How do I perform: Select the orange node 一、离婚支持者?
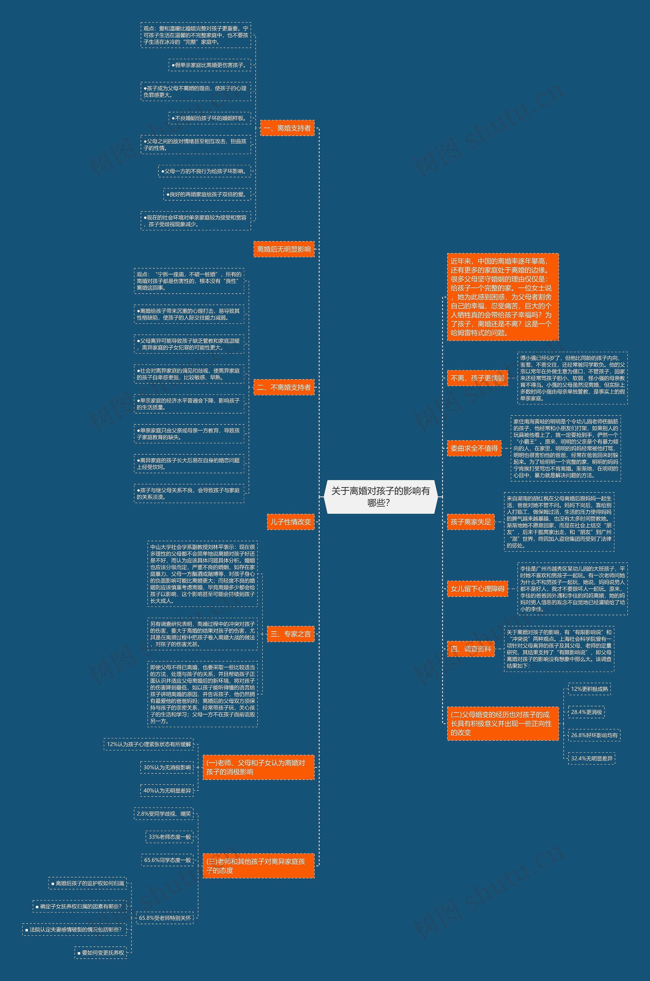(x=287, y=128)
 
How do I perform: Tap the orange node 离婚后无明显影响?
(x=284, y=249)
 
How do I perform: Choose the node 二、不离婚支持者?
(x=284, y=387)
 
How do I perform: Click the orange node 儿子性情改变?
(x=290, y=522)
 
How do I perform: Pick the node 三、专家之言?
(x=290, y=634)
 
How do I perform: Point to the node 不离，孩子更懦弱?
(x=477, y=378)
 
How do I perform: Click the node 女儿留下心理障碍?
(x=477, y=588)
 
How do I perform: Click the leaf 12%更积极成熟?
(x=589, y=689)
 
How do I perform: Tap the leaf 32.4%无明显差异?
(x=591, y=758)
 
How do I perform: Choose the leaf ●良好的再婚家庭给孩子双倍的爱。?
(x=207, y=194)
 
